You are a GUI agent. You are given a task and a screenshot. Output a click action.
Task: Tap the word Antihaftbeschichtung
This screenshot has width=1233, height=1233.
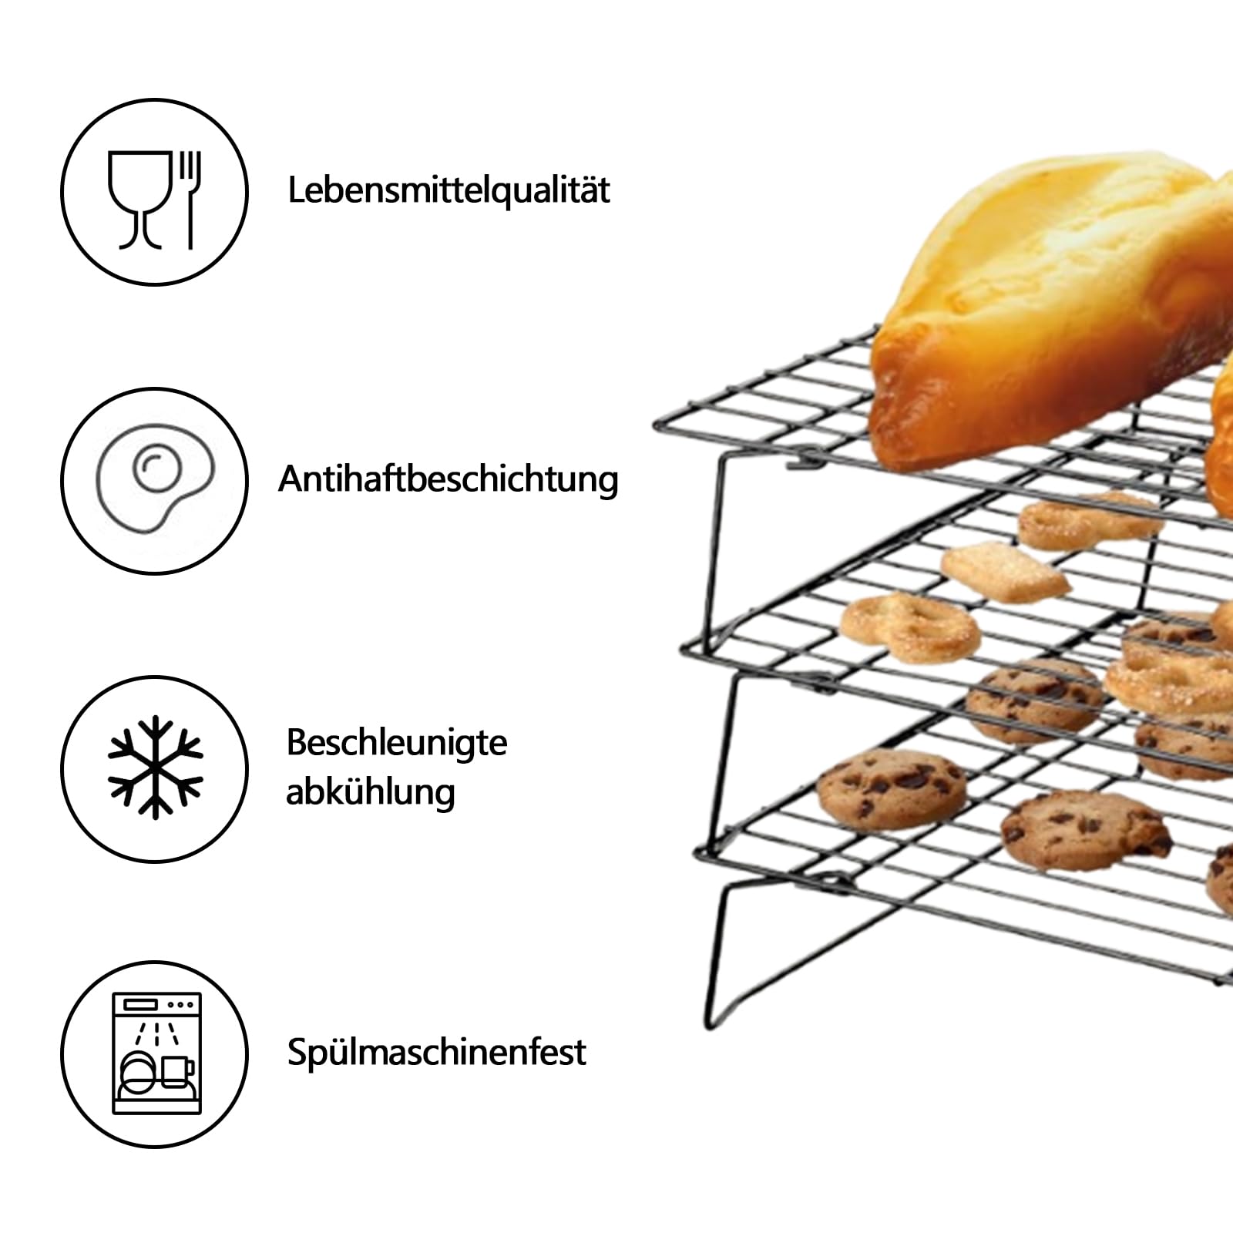449,479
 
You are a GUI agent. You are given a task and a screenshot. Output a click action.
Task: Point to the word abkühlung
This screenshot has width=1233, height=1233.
371,792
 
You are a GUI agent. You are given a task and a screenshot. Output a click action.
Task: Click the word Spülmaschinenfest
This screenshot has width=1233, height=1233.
437,1052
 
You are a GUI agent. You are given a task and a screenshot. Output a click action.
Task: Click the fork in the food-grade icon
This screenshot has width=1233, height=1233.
190,200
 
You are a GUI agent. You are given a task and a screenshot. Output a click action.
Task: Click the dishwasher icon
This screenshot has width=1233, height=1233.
156,1053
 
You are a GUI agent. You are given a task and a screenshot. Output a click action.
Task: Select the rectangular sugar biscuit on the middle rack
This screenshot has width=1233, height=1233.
1005,570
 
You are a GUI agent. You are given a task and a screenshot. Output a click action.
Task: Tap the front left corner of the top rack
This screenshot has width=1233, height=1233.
657,424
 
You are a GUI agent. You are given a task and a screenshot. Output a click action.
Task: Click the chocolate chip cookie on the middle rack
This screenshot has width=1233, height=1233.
1034,701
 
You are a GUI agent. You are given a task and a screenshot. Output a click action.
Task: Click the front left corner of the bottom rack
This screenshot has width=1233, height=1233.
699,852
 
